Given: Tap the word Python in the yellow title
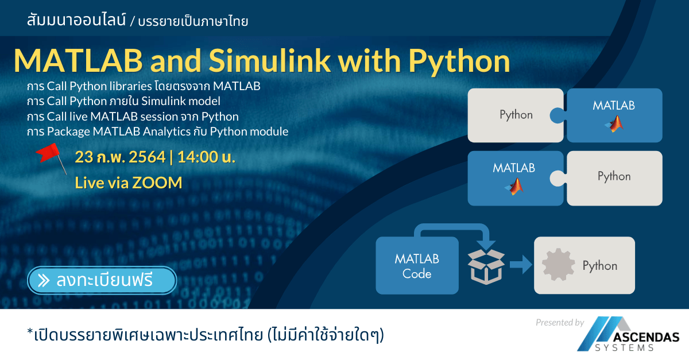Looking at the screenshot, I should (x=454, y=61).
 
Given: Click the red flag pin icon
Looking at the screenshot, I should (x=51, y=156).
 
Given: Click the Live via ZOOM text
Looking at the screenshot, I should (x=129, y=183).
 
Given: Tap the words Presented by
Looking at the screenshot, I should (x=559, y=323).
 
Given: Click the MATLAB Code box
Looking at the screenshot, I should (x=417, y=266).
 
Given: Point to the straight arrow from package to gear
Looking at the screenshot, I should (x=520, y=265).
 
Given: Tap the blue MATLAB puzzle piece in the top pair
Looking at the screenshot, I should (x=614, y=115).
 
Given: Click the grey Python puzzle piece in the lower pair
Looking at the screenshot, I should (x=614, y=177).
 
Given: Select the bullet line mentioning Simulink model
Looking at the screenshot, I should (x=123, y=102).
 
